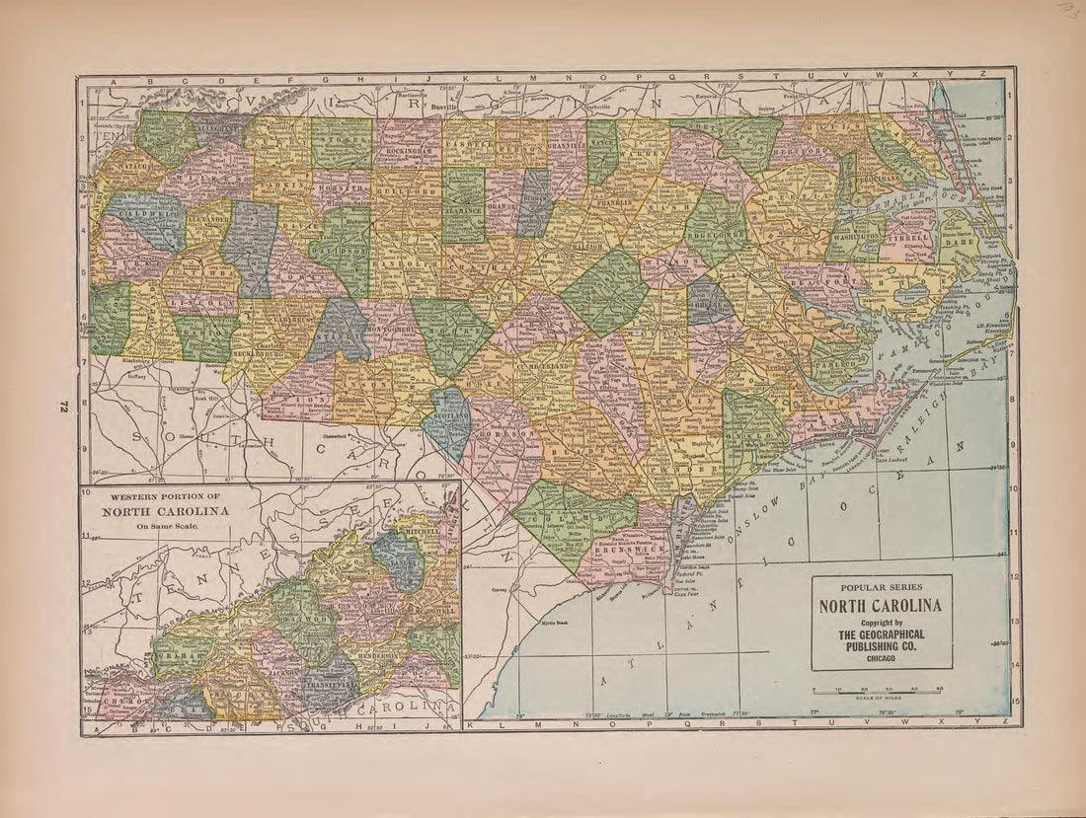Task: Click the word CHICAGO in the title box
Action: click(882, 655)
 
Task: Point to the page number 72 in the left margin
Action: click(61, 406)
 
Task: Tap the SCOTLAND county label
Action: click(449, 418)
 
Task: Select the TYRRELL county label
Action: click(908, 238)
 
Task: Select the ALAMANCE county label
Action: click(463, 210)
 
